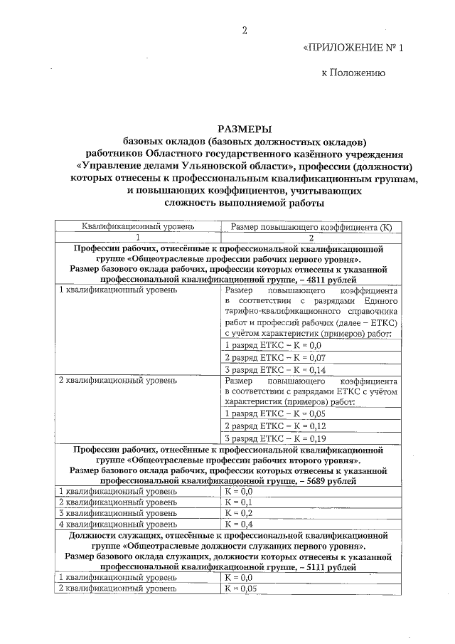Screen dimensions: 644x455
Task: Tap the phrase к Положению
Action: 353,73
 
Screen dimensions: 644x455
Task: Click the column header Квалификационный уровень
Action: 137,228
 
